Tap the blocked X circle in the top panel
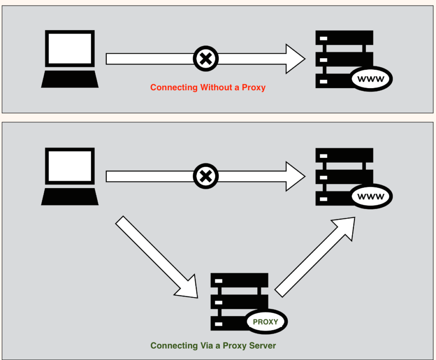pyautogui.click(x=206, y=59)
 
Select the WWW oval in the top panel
pyautogui.click(x=371, y=79)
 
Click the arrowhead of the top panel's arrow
pyautogui.click(x=295, y=59)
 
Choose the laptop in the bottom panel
pyautogui.click(x=70, y=176)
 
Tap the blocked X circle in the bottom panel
pyautogui.click(x=206, y=176)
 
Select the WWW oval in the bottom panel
pyautogui.click(x=371, y=197)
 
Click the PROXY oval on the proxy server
pyautogui.click(x=265, y=322)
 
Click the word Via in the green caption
pyautogui.click(x=205, y=346)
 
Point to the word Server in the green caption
pyautogui.click(x=262, y=346)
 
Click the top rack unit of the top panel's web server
pyautogui.click(x=344, y=38)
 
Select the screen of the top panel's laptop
pyautogui.click(x=70, y=48)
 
